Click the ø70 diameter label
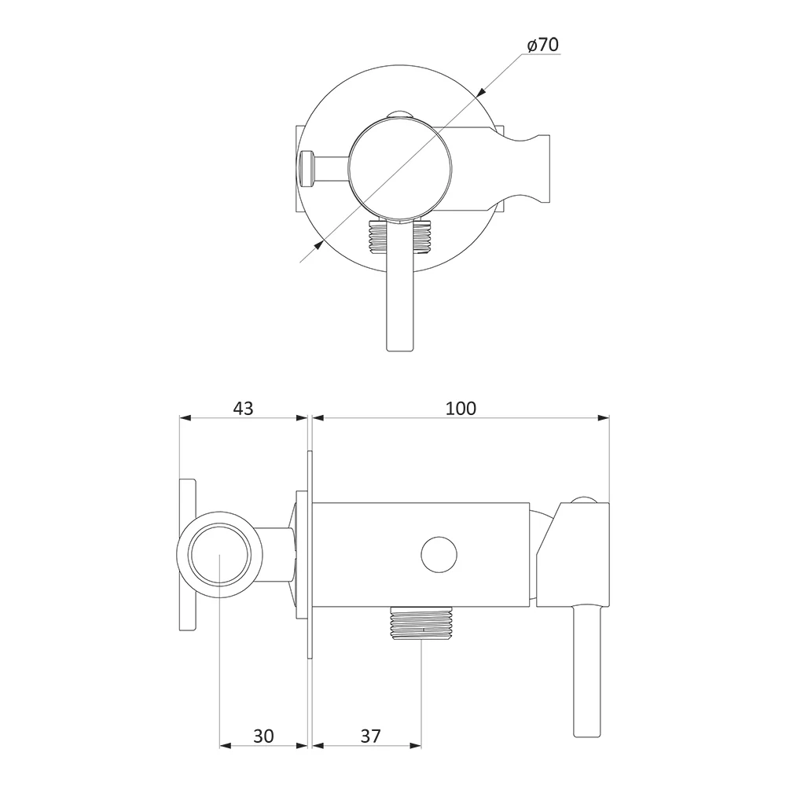[x=543, y=45]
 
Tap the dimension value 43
[x=243, y=408]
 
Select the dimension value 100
[x=461, y=408]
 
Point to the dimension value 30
[x=263, y=736]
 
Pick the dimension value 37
[x=370, y=736]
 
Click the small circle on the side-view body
[x=439, y=555]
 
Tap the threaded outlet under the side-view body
[x=421, y=624]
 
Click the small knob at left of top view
[x=305, y=168]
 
